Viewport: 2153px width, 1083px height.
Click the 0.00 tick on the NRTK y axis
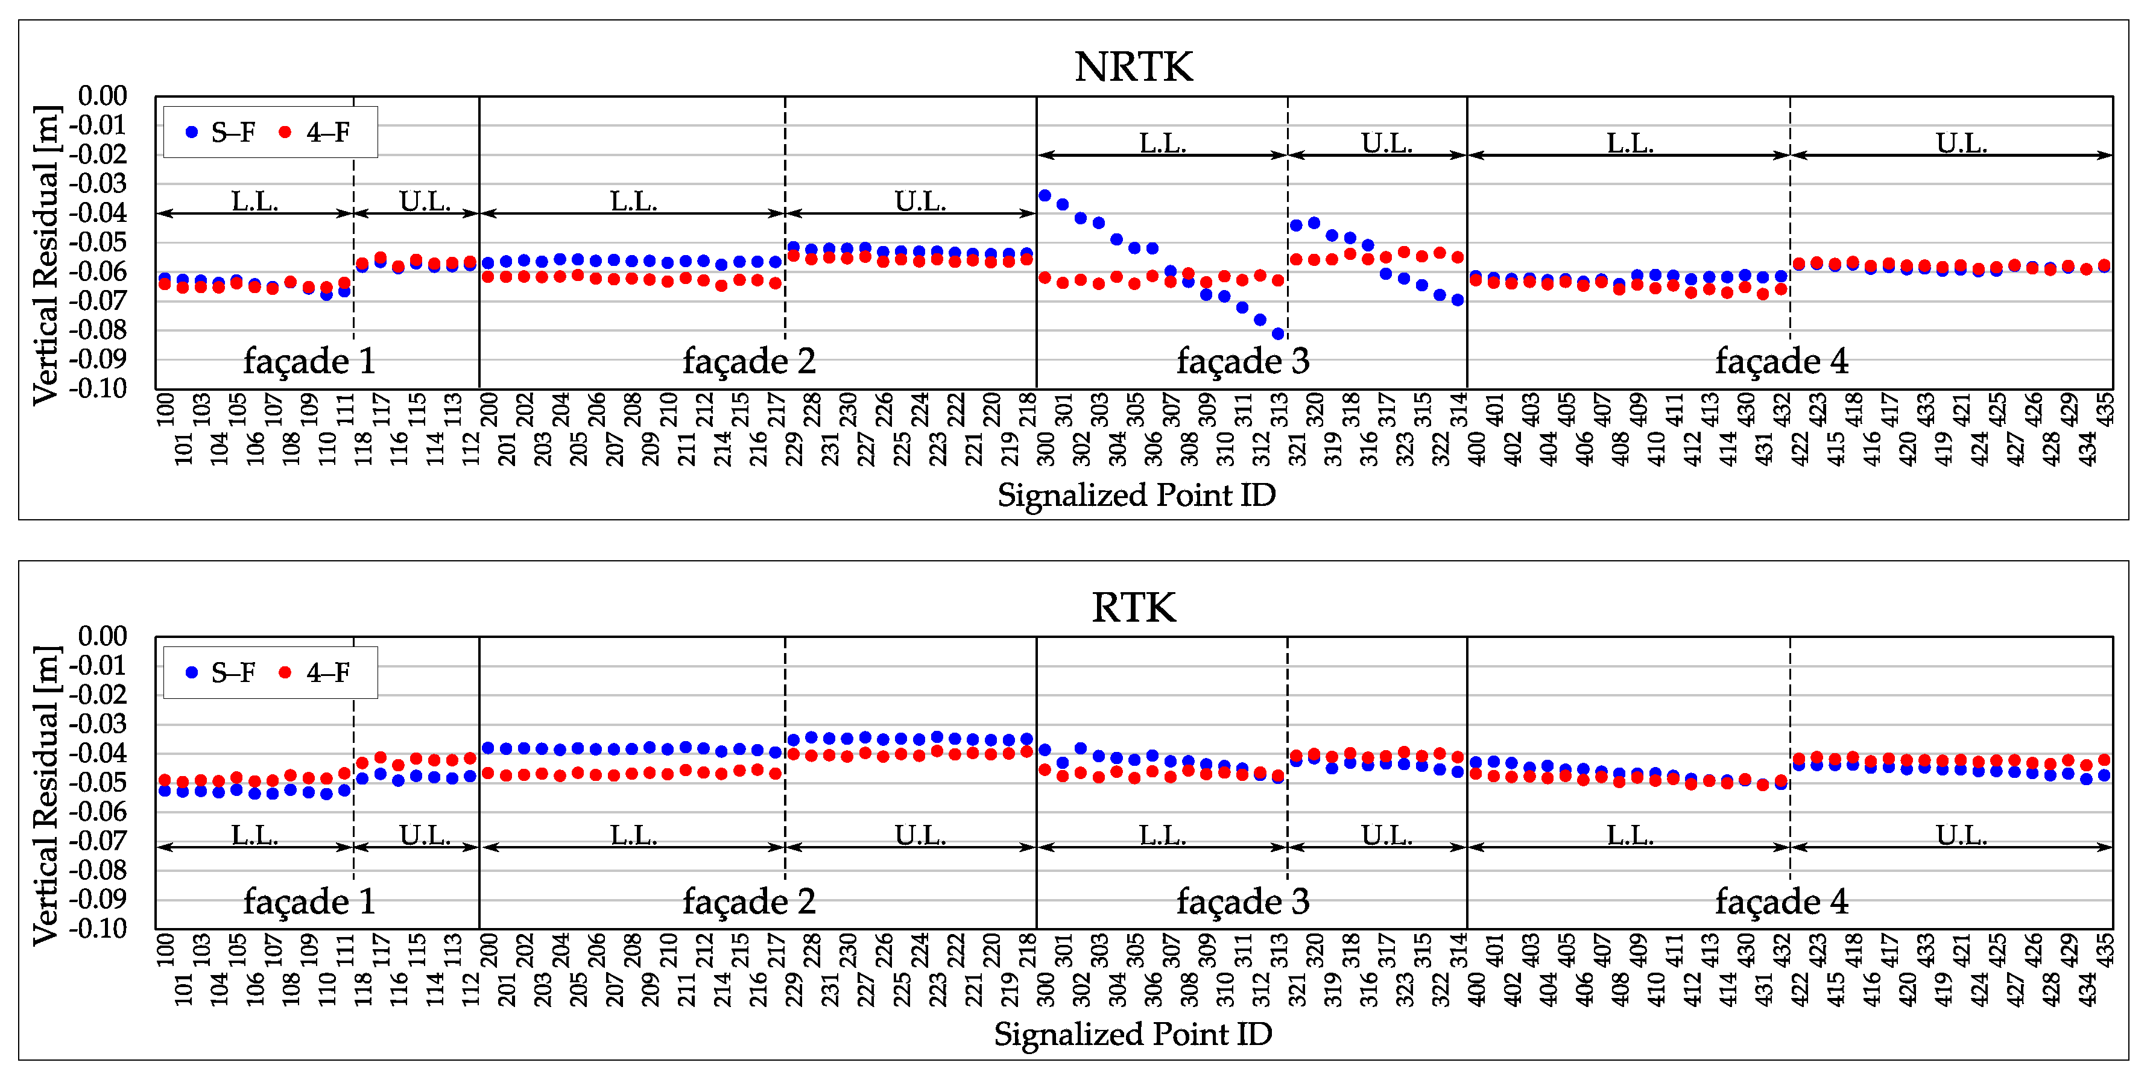(102, 96)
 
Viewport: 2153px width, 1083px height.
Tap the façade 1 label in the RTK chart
(309, 901)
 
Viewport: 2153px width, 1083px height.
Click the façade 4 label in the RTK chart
(1782, 901)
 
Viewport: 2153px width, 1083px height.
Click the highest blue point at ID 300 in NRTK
(1045, 195)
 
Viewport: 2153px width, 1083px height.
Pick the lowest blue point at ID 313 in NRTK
(1278, 334)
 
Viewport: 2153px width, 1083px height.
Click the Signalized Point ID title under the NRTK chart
(1137, 494)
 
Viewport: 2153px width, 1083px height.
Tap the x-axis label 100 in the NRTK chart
(165, 409)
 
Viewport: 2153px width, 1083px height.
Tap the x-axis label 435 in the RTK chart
(2105, 950)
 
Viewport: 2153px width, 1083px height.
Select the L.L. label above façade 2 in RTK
(633, 835)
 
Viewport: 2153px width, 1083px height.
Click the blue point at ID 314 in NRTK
(1458, 300)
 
